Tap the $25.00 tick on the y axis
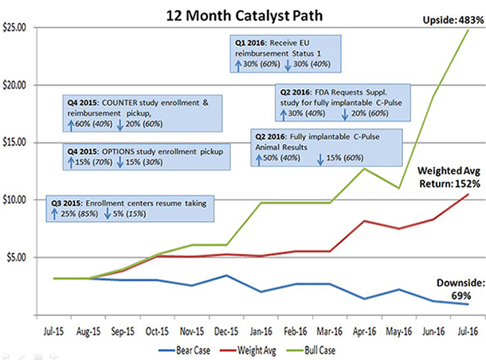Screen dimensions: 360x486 point(16,28)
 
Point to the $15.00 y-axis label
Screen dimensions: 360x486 point(16,143)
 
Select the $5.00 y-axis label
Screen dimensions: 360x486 point(18,257)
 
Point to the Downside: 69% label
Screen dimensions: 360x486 point(454,290)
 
